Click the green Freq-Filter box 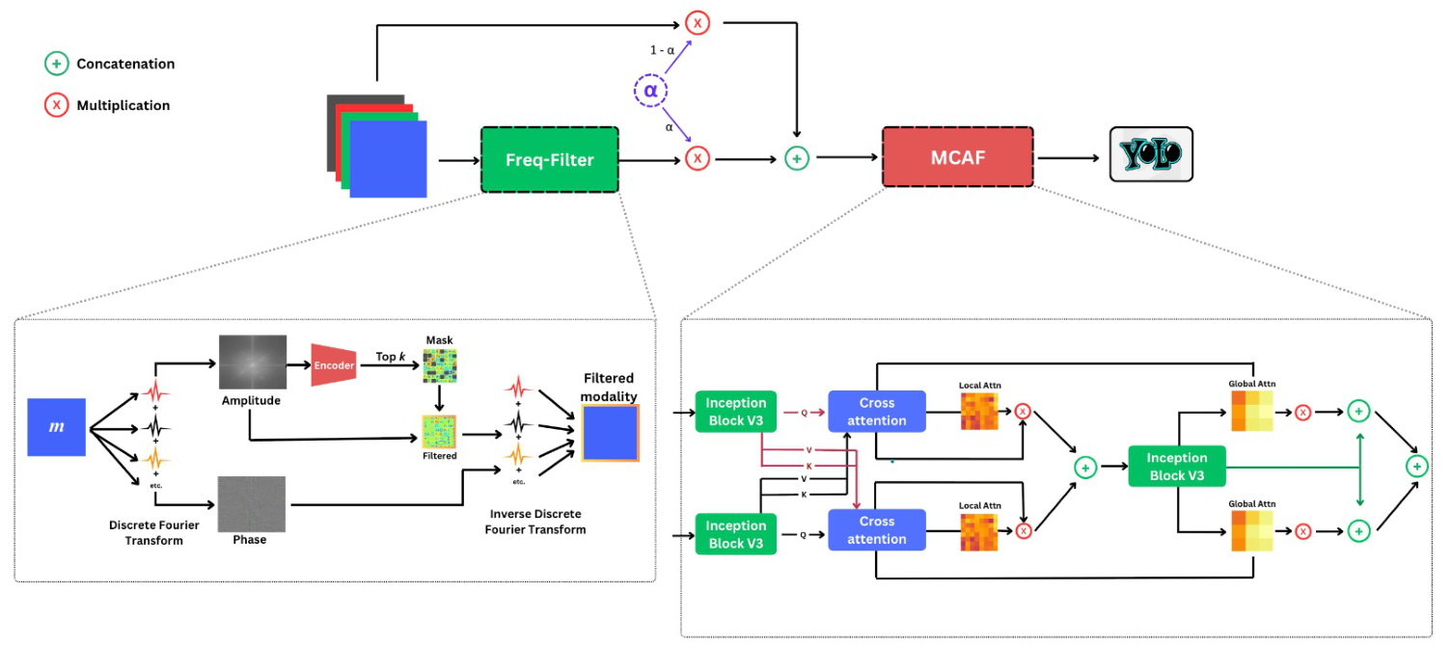549,159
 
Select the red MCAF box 957,157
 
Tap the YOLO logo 1150,154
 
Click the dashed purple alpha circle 650,92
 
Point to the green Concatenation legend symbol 57,64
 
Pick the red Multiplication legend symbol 57,105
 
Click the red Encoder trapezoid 334,365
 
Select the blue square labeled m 57,425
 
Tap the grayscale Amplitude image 253,362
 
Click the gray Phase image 251,503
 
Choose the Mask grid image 440,365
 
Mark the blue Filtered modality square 610,433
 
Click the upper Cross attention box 876,412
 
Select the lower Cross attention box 876,530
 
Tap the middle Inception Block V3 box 1176,467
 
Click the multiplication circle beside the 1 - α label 698,22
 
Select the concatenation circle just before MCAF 796,158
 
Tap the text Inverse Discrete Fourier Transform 535,522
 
